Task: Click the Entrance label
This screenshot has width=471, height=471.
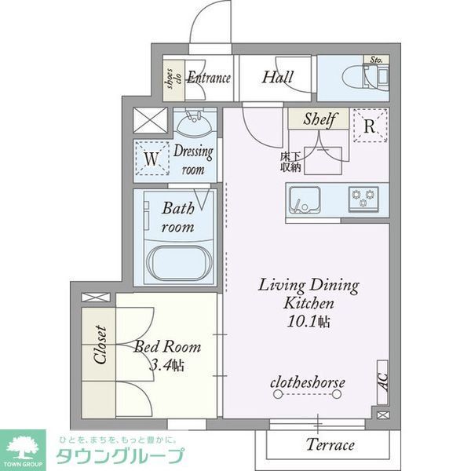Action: [x=208, y=78]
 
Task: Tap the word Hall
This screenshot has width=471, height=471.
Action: [x=278, y=78]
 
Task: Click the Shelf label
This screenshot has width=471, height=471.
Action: [x=319, y=120]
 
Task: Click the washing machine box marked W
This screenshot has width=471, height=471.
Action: [x=152, y=159]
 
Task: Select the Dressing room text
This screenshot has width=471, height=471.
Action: [x=192, y=160]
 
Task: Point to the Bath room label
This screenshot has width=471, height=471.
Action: [x=178, y=217]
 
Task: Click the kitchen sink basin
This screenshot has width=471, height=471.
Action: [x=304, y=199]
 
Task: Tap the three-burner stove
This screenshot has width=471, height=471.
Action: [x=363, y=198]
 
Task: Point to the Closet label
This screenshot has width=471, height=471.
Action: [x=100, y=345]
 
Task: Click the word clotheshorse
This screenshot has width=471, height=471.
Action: [x=308, y=382]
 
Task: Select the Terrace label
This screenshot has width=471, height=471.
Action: [x=330, y=445]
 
